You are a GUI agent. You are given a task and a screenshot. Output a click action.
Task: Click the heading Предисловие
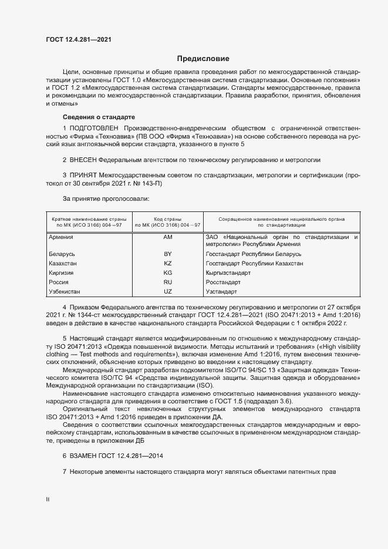pyautogui.click(x=203, y=59)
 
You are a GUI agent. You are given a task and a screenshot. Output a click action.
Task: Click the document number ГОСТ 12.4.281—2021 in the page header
pyautogui.click(x=79, y=39)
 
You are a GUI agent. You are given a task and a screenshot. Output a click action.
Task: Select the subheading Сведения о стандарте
pyautogui.click(x=99, y=117)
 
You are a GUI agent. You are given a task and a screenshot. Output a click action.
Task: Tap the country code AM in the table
pyautogui.click(x=168, y=237)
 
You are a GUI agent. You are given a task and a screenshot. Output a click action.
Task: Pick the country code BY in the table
pyautogui.click(x=168, y=254)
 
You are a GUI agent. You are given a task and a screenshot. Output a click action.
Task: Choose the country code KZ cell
pyautogui.click(x=168, y=264)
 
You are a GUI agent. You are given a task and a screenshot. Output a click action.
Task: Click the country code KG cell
pyautogui.click(x=168, y=273)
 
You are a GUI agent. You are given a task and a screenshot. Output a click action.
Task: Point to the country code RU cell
pyautogui.click(x=168, y=282)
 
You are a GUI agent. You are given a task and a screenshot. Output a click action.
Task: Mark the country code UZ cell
pyautogui.click(x=168, y=292)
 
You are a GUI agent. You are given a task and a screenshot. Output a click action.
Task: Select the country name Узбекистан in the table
pyautogui.click(x=65, y=292)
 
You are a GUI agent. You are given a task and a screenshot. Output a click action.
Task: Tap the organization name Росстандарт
pyautogui.click(x=223, y=282)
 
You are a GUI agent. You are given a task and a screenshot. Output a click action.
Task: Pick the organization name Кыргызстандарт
pyautogui.click(x=228, y=273)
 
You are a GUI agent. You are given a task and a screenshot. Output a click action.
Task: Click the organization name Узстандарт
pyautogui.click(x=221, y=292)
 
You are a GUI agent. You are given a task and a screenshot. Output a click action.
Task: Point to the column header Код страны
pyautogui.click(x=168, y=219)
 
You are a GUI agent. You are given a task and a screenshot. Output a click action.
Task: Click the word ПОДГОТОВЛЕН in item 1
pyautogui.click(x=94, y=128)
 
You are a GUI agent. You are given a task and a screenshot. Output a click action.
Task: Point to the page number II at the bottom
pyautogui.click(x=48, y=499)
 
